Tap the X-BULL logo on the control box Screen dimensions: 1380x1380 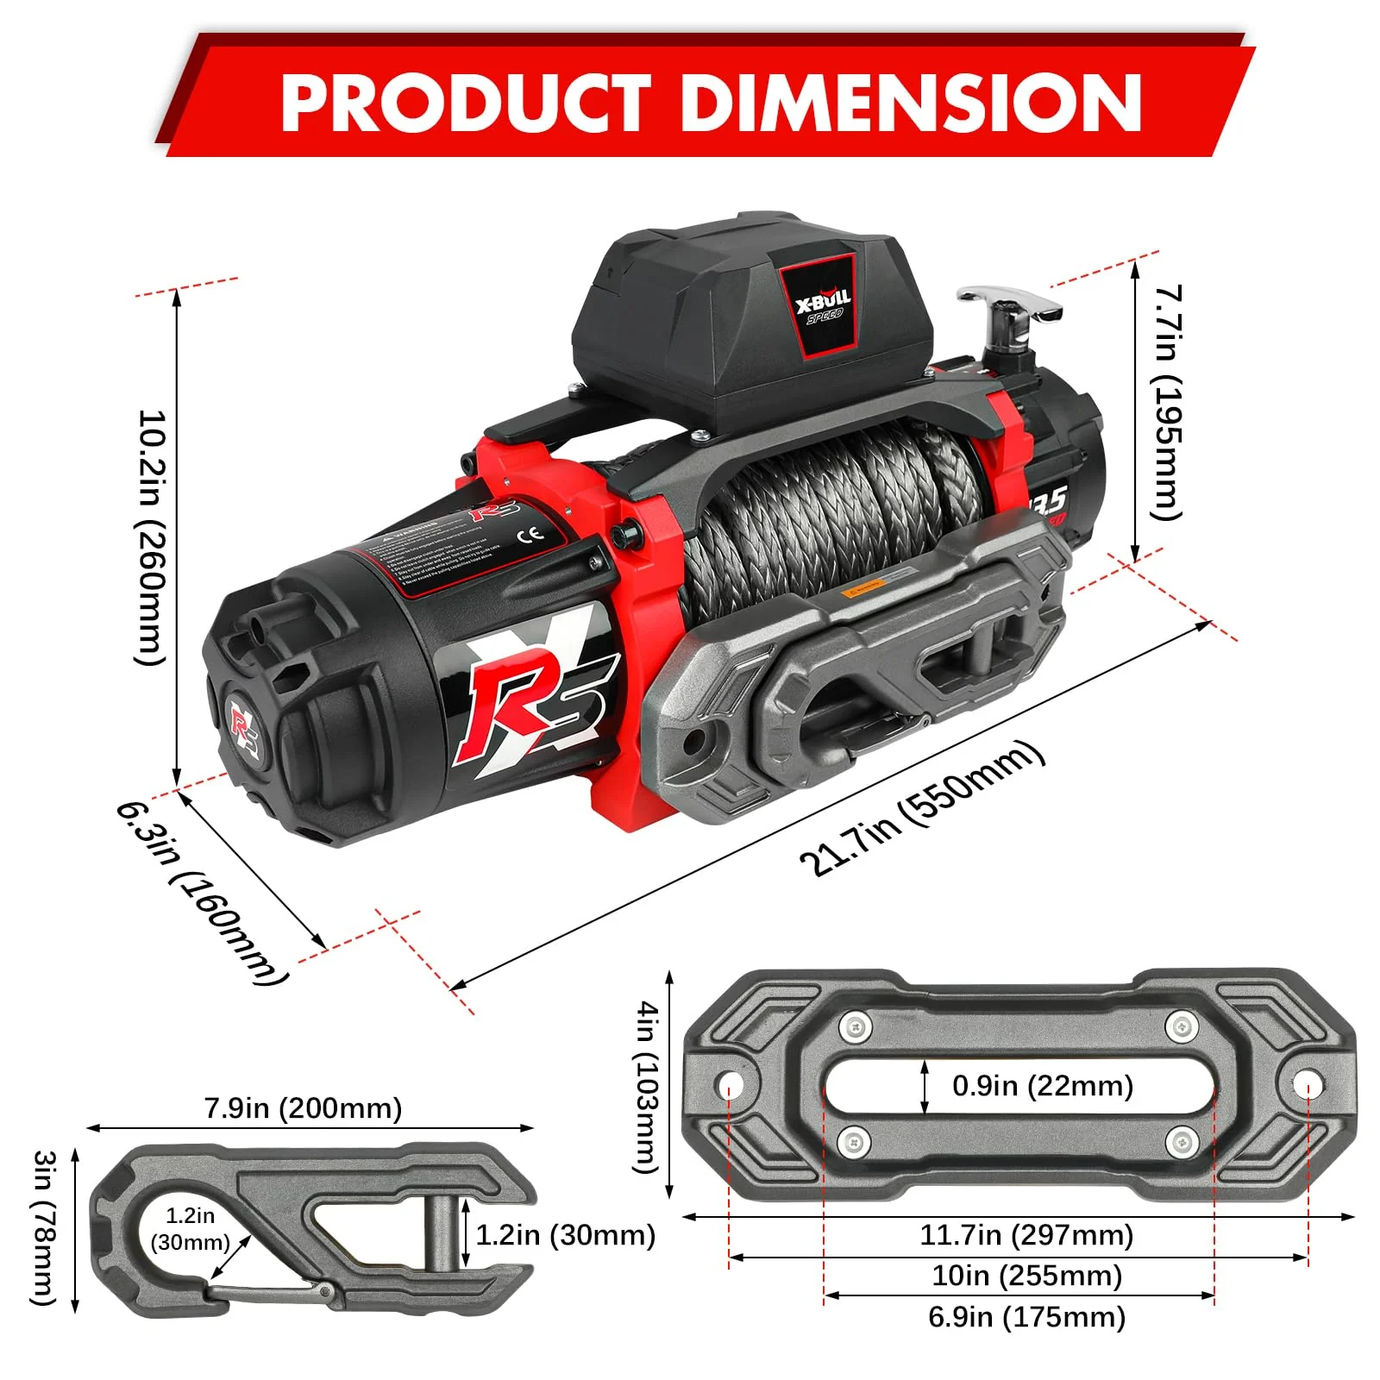823,305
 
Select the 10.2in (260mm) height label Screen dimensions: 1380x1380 150,536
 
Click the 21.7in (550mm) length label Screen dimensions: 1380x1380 921,808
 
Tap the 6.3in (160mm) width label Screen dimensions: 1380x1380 202,893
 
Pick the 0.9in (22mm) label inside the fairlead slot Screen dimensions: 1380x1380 1042,1086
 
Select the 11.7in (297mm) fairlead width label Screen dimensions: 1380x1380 1026,1235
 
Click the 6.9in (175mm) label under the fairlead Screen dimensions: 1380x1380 1026,1317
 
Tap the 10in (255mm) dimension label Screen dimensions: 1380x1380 1026,1276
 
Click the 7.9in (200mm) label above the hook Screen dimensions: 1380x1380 303,1107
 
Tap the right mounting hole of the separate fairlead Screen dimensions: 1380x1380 1307,1083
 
